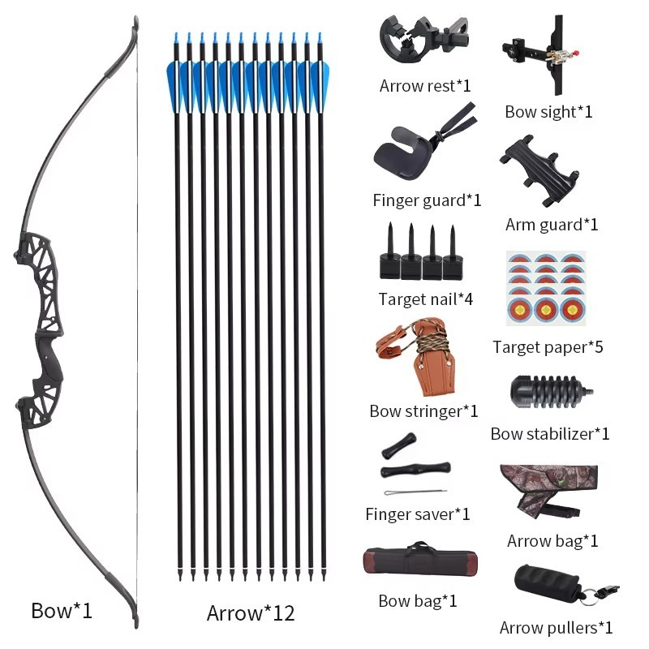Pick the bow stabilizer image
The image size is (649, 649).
point(552,391)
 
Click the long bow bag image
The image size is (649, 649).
point(420,559)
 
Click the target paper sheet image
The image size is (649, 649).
point(546,288)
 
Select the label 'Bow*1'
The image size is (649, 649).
point(62,611)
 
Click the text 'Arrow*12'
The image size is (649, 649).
point(251,613)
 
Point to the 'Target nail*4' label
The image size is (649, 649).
point(425,299)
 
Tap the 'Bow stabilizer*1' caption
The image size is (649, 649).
point(550,434)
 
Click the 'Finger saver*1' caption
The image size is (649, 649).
point(418,514)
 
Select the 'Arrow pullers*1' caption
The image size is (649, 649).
point(556,628)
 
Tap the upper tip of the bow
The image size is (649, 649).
point(135,19)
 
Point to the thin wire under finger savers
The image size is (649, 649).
point(415,492)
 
